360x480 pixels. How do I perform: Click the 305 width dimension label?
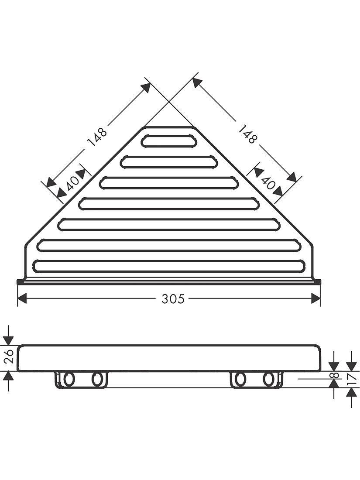[x=173, y=299]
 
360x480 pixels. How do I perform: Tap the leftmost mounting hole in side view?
[x=68, y=379]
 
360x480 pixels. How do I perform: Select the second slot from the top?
[x=169, y=162]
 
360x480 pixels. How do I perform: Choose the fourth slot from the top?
[x=169, y=203]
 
